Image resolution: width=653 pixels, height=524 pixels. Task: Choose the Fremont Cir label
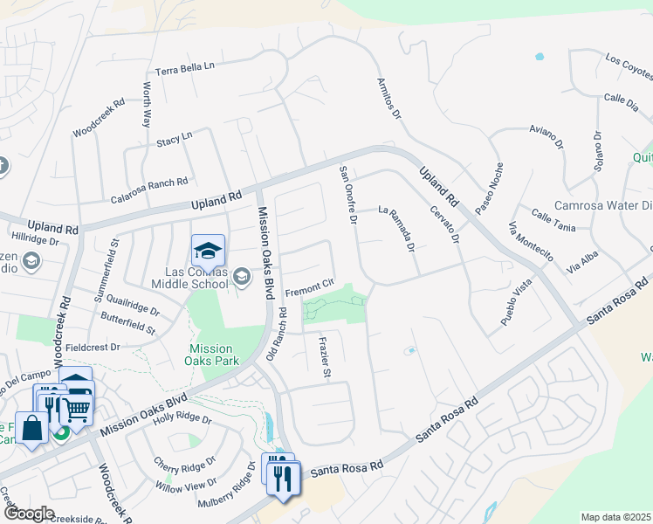[310, 285]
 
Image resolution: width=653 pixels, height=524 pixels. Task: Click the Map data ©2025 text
[615, 517]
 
